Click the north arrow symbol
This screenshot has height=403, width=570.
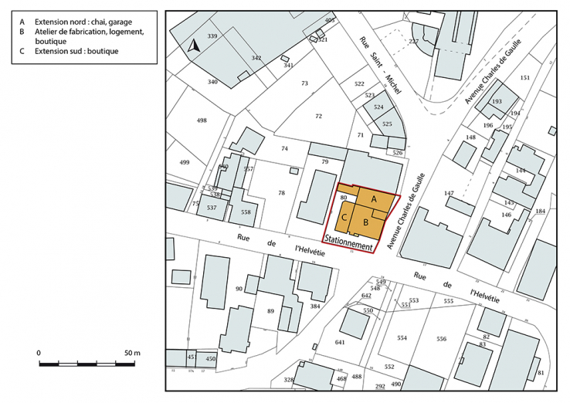tap(195, 46)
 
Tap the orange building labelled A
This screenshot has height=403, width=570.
tap(374, 199)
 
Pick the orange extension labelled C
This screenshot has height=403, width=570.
tap(344, 217)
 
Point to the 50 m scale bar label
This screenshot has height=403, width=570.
tap(132, 353)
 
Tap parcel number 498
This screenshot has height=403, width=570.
tap(202, 120)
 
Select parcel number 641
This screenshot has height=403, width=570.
tap(341, 342)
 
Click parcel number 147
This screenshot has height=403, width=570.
tap(449, 193)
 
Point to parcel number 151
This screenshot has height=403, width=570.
tap(525, 78)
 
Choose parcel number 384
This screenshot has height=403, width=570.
tap(314, 306)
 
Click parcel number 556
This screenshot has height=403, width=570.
tap(441, 339)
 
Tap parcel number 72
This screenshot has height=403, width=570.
tap(318, 116)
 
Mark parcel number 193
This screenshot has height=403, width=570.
tap(497, 101)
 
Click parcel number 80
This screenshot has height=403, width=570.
tap(343, 199)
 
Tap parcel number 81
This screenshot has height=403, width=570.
tap(541, 373)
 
